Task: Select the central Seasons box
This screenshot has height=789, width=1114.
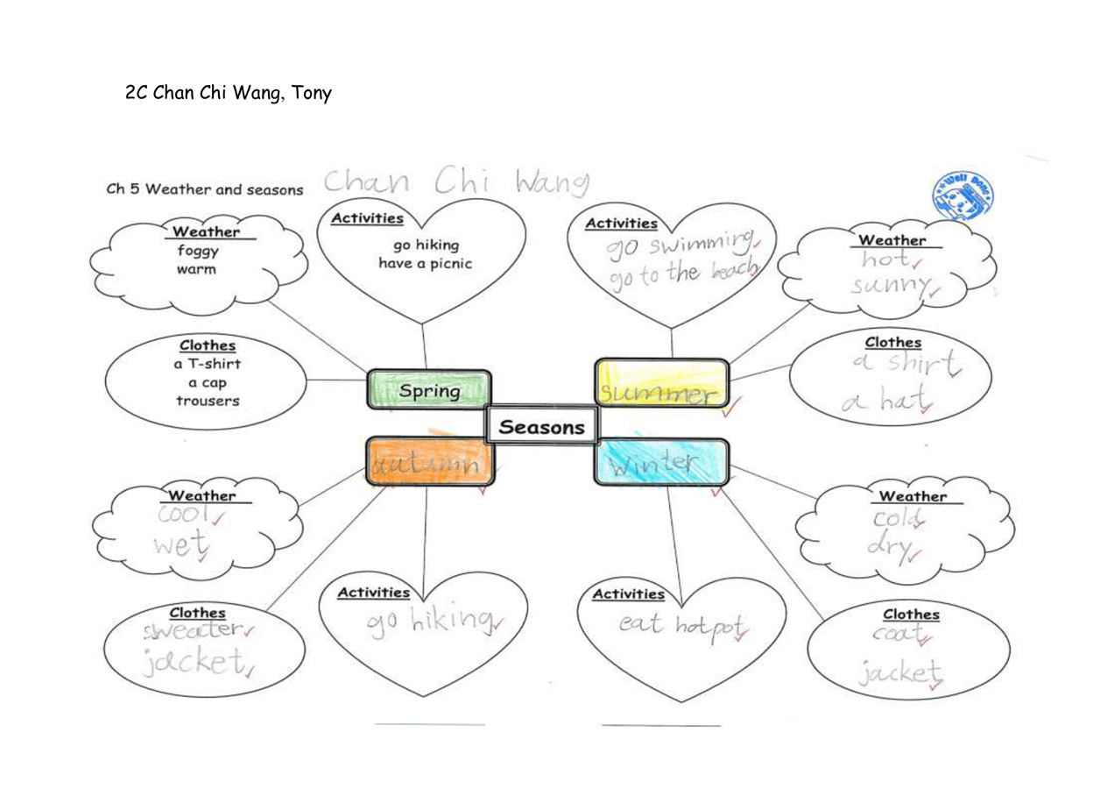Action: point(541,428)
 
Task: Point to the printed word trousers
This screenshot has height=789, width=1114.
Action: point(207,401)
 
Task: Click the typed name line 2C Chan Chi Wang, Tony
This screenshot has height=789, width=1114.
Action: point(229,92)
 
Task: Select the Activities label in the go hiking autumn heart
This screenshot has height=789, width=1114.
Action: point(374,594)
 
